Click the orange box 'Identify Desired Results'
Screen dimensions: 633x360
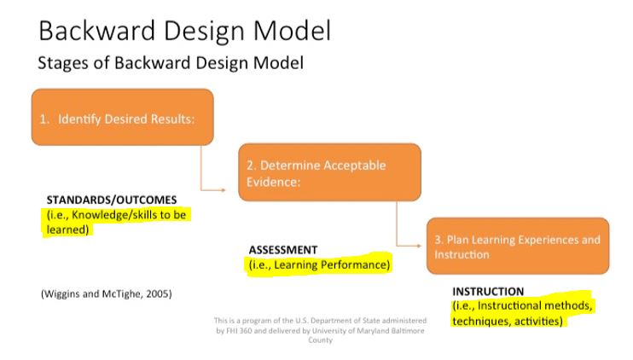pyautogui.click(x=122, y=117)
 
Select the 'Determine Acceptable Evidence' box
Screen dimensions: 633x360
pyautogui.click(x=329, y=172)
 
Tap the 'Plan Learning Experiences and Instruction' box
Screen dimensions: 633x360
pyautogui.click(x=518, y=246)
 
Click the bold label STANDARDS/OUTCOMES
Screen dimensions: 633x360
pyautogui.click(x=112, y=200)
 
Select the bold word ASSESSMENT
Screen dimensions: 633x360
pyautogui.click(x=283, y=250)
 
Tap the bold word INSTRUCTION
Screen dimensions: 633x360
pyautogui.click(x=488, y=292)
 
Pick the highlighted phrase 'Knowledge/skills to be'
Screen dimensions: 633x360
pyautogui.click(x=129, y=215)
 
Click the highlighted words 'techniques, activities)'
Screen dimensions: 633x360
pyautogui.click(x=508, y=322)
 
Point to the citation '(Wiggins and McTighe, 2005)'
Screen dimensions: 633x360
pyautogui.click(x=106, y=293)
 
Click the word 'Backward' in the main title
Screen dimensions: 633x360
pyautogui.click(x=97, y=31)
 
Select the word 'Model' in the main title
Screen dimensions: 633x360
pyautogui.click(x=293, y=31)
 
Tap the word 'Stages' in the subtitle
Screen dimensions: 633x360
pyautogui.click(x=62, y=63)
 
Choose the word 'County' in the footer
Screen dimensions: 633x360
pyautogui.click(x=320, y=340)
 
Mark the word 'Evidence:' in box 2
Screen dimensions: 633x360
pyautogui.click(x=273, y=182)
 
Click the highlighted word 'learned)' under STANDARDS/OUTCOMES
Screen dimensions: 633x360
pyautogui.click(x=67, y=229)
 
